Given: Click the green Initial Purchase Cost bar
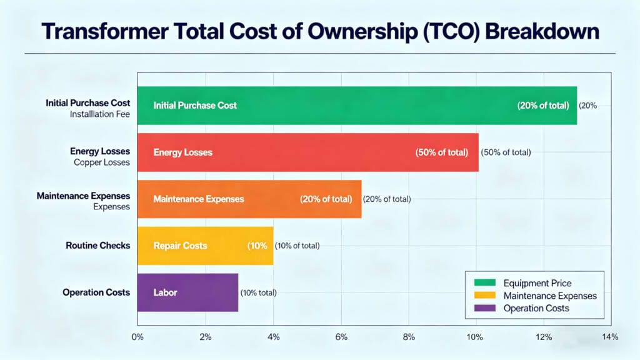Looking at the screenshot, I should (356, 106).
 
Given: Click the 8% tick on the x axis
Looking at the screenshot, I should (408, 337).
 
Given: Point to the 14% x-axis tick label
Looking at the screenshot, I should (610, 337).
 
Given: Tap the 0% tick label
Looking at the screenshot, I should (137, 337).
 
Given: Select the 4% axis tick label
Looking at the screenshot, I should (273, 337).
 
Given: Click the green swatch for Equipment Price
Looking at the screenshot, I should (484, 283).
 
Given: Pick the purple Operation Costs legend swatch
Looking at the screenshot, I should (484, 308).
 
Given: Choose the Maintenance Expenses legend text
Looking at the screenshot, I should (550, 296).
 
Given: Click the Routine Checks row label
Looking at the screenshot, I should (97, 246).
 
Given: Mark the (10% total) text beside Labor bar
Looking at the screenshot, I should (258, 292).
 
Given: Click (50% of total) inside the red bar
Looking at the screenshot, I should (442, 152).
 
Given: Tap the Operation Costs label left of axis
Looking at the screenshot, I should (96, 292).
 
